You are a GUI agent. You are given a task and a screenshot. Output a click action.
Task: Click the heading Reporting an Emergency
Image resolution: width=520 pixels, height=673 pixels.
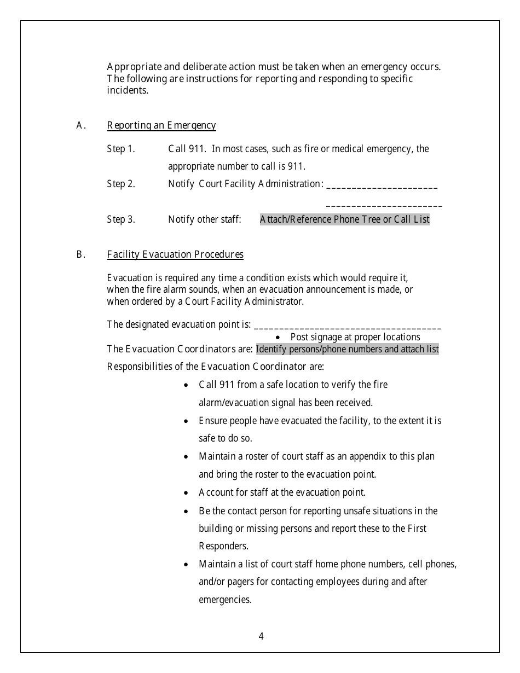tap(161, 125)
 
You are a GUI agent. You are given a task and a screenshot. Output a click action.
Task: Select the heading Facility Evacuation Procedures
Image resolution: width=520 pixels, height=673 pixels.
tap(175, 254)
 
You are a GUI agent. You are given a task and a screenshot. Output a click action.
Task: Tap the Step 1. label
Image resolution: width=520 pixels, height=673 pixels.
tap(121, 149)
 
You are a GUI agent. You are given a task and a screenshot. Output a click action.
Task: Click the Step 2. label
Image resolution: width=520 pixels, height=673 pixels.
tap(121, 184)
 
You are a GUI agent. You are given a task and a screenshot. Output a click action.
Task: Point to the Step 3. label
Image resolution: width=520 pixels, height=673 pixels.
tap(121, 219)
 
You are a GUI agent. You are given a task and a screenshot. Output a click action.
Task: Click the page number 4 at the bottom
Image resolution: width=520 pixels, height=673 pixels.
tap(261, 636)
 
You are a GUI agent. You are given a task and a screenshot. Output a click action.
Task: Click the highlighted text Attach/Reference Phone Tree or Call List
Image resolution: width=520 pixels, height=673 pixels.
tap(344, 219)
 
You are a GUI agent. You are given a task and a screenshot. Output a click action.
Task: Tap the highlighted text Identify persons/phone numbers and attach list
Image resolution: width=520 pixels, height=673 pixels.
tap(347, 349)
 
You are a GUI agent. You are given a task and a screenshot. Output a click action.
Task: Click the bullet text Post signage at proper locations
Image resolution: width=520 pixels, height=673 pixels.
tap(355, 337)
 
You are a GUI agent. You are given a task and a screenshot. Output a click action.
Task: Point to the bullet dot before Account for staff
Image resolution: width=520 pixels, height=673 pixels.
tap(187, 493)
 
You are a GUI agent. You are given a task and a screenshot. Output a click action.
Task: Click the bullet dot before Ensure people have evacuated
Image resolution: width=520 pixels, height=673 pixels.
tap(187, 421)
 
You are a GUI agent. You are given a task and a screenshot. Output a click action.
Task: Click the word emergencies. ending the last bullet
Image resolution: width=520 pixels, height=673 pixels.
tap(225, 599)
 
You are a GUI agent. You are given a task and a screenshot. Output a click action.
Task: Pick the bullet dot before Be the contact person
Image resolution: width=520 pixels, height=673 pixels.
tap(187, 511)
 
